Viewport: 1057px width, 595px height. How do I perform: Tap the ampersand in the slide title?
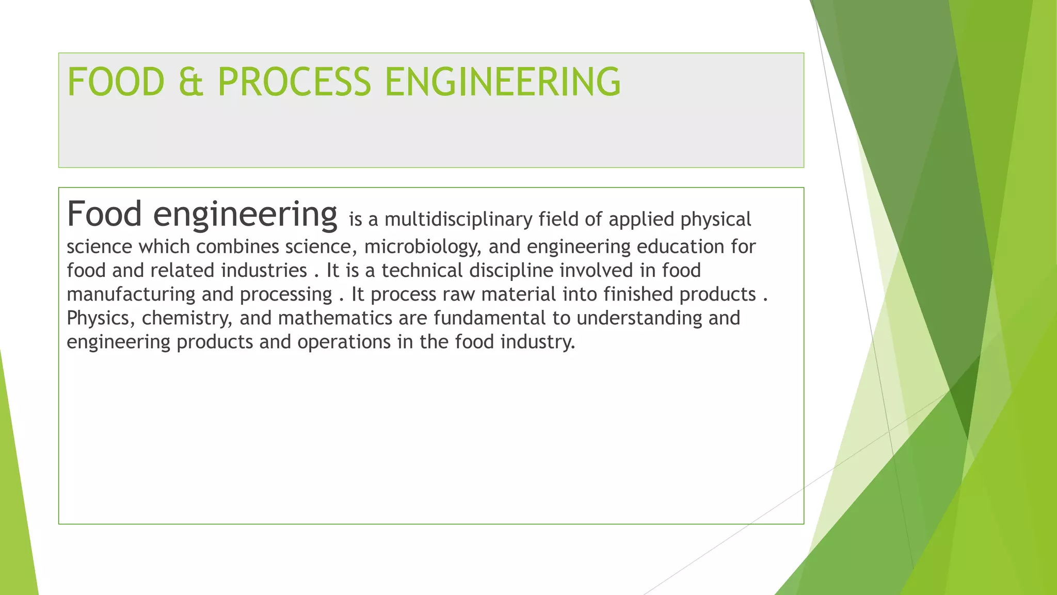click(190, 82)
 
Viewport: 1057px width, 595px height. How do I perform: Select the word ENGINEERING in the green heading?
click(503, 82)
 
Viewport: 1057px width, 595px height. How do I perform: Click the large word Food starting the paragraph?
click(104, 214)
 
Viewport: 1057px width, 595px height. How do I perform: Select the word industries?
click(264, 270)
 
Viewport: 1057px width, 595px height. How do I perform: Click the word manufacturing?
click(131, 294)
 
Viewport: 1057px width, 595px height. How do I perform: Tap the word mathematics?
click(335, 318)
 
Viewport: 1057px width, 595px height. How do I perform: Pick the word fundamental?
click(489, 318)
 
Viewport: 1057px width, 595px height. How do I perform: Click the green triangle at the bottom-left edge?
click(15, 516)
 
